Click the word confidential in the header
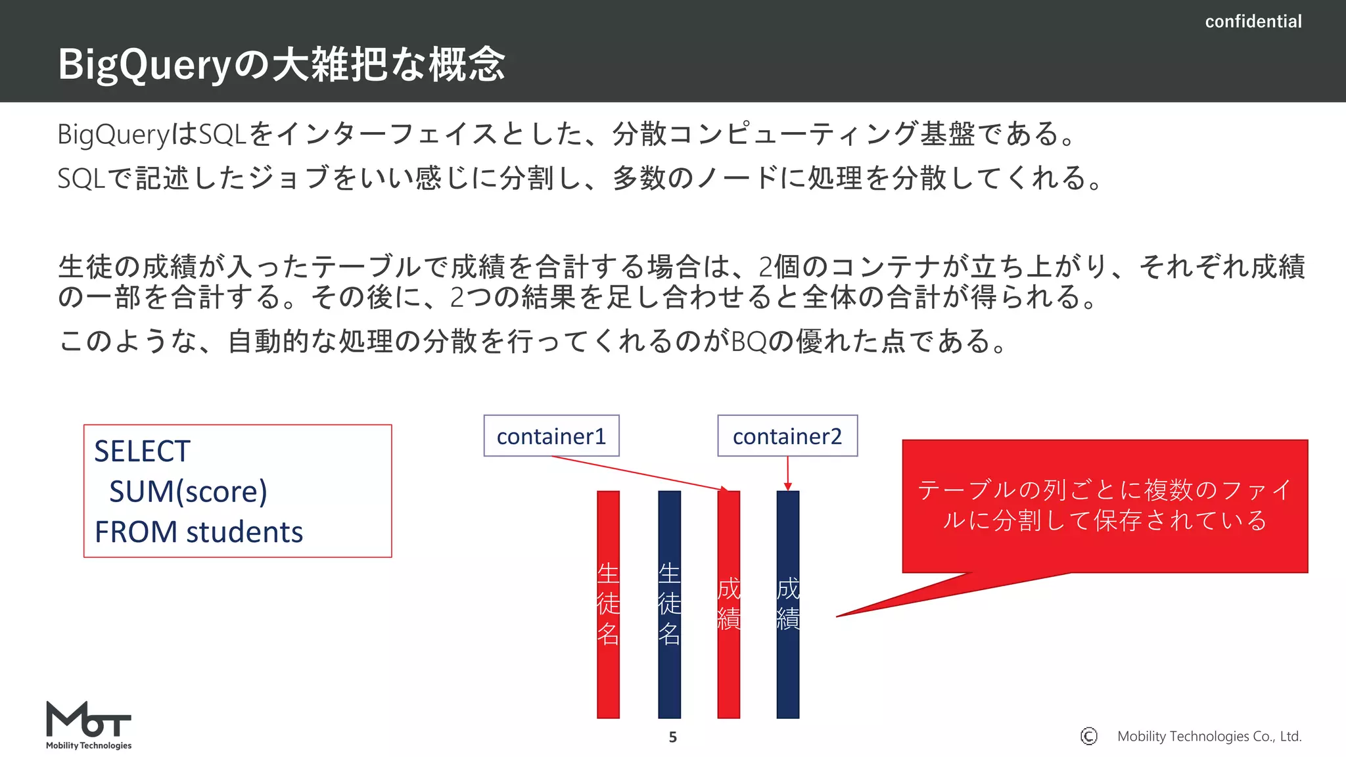[x=1253, y=22]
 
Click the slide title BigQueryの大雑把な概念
[x=281, y=64]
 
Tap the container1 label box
[x=551, y=436]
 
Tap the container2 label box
[x=787, y=436]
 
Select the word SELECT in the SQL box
[x=142, y=451]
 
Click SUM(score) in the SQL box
[x=188, y=492]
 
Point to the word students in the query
[x=244, y=532]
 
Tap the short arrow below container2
[x=787, y=473]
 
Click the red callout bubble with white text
[x=1104, y=506]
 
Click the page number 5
[x=672, y=737]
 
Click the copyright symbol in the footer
[x=1088, y=736]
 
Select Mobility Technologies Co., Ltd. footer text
[x=1209, y=736]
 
